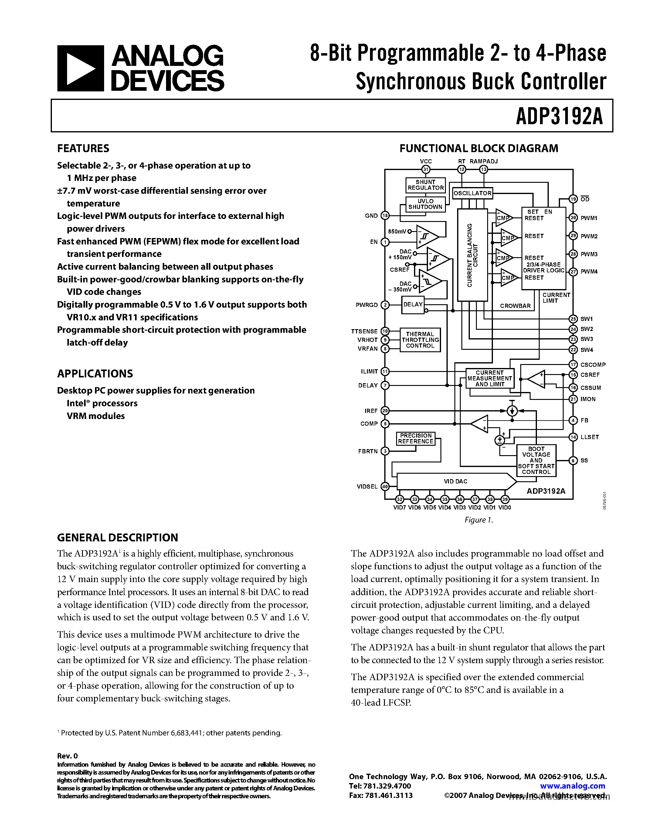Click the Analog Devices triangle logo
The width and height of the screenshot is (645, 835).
[x=80, y=68]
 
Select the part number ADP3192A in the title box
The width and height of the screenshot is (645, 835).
[x=559, y=116]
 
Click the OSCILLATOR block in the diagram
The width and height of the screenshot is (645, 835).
[x=472, y=193]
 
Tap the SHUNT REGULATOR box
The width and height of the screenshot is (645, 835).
[x=425, y=185]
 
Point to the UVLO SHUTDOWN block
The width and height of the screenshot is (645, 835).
[x=425, y=204]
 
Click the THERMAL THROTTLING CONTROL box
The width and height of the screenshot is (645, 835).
[x=420, y=340]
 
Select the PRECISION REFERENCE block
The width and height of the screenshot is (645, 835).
[x=416, y=438]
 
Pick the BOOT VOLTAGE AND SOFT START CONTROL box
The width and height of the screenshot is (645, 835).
[x=536, y=460]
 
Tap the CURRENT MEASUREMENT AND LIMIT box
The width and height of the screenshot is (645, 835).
[x=490, y=379]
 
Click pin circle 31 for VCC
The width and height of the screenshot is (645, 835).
[x=426, y=169]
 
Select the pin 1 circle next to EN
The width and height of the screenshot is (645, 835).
[x=385, y=242]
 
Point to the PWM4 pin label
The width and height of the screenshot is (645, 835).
[x=589, y=272]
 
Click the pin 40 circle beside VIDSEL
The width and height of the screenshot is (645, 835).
[x=385, y=486]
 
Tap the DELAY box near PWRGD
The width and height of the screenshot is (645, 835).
[x=413, y=305]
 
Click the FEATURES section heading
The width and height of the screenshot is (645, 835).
[x=83, y=148]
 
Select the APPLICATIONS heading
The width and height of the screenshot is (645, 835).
[x=95, y=373]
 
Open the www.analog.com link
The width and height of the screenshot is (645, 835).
[x=572, y=786]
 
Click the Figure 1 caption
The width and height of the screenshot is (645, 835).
[x=479, y=520]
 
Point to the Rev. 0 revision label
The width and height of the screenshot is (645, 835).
[x=67, y=756]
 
